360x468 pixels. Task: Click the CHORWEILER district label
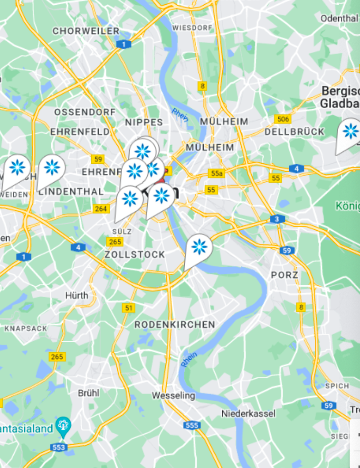click(86, 31)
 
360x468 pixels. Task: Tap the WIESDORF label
click(192, 28)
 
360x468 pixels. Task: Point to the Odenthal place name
click(339, 18)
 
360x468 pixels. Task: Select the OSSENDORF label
click(85, 112)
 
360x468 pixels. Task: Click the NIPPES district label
click(144, 122)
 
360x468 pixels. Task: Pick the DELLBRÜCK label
click(294, 131)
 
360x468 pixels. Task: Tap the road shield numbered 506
click(283, 119)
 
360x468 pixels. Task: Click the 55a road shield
click(216, 173)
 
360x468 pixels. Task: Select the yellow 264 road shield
click(101, 209)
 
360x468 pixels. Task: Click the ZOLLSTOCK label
click(134, 254)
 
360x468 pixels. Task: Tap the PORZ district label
click(284, 275)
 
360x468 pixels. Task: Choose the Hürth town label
click(76, 295)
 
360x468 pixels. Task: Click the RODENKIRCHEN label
click(175, 325)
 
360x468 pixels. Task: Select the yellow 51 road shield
click(128, 308)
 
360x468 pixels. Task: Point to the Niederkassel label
click(248, 414)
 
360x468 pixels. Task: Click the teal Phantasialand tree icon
click(63, 425)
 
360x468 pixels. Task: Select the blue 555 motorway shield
click(192, 425)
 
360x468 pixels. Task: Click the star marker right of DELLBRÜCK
click(350, 131)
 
